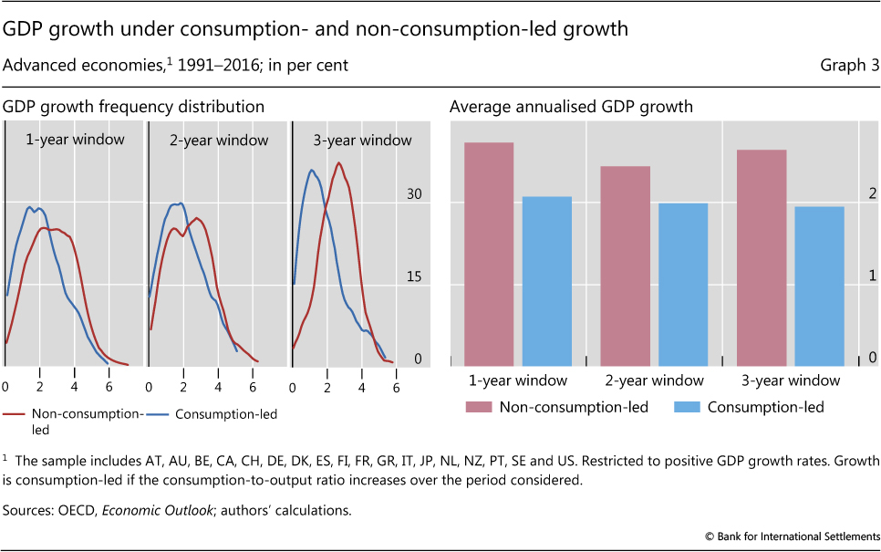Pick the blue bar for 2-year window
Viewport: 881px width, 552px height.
pos(683,284)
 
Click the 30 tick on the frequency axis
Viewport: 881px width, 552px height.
pos(415,195)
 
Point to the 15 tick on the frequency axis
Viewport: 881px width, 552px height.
pos(415,277)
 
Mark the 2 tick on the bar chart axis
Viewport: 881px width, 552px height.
pos(872,193)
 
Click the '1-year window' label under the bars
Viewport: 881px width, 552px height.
pos(518,380)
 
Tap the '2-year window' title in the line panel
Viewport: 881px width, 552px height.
pos(219,141)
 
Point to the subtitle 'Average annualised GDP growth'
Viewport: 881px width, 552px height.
pos(571,107)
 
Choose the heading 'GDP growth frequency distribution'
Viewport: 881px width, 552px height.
pos(134,107)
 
